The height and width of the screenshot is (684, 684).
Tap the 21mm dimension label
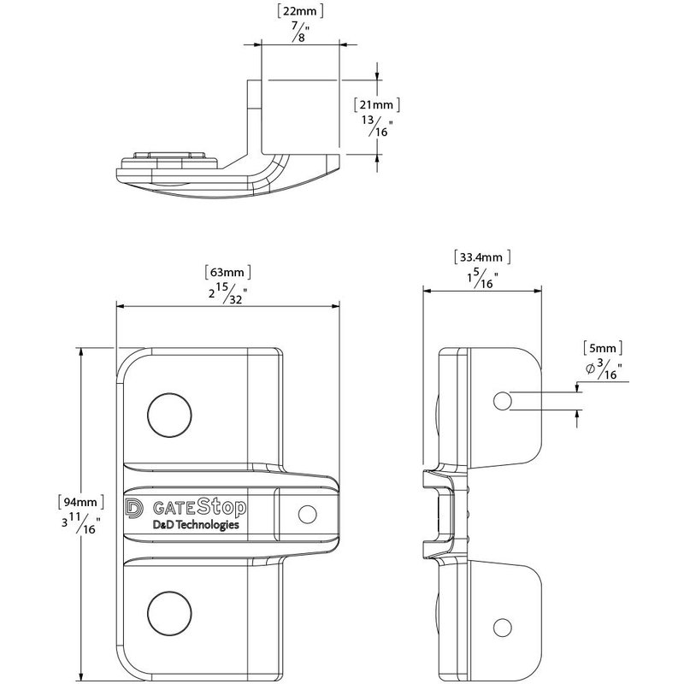point(375,104)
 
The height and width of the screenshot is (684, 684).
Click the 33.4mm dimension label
point(482,256)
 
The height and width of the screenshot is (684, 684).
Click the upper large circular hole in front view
point(169,415)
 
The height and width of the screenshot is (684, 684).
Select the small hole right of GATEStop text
point(305,513)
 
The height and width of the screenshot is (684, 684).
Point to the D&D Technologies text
point(195,527)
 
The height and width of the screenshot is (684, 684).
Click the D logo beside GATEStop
point(134,508)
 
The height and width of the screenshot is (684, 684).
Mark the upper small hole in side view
point(503,400)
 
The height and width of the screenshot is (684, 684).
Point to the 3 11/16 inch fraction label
point(80,523)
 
